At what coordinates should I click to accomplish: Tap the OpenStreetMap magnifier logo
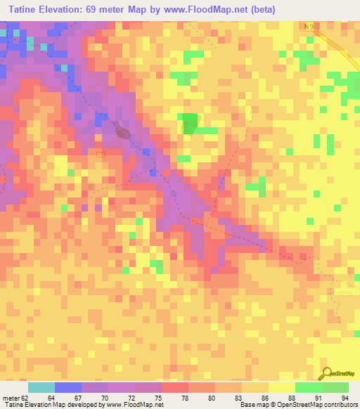[326, 374]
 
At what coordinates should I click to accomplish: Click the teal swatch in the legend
[41, 387]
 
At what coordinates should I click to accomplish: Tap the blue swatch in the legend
[67, 387]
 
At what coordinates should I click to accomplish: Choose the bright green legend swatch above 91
[308, 387]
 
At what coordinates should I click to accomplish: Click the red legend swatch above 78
[174, 387]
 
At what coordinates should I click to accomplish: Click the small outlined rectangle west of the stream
[100, 154]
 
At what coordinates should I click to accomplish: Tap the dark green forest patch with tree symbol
[190, 124]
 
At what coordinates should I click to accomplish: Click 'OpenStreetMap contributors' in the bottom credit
[317, 405]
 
